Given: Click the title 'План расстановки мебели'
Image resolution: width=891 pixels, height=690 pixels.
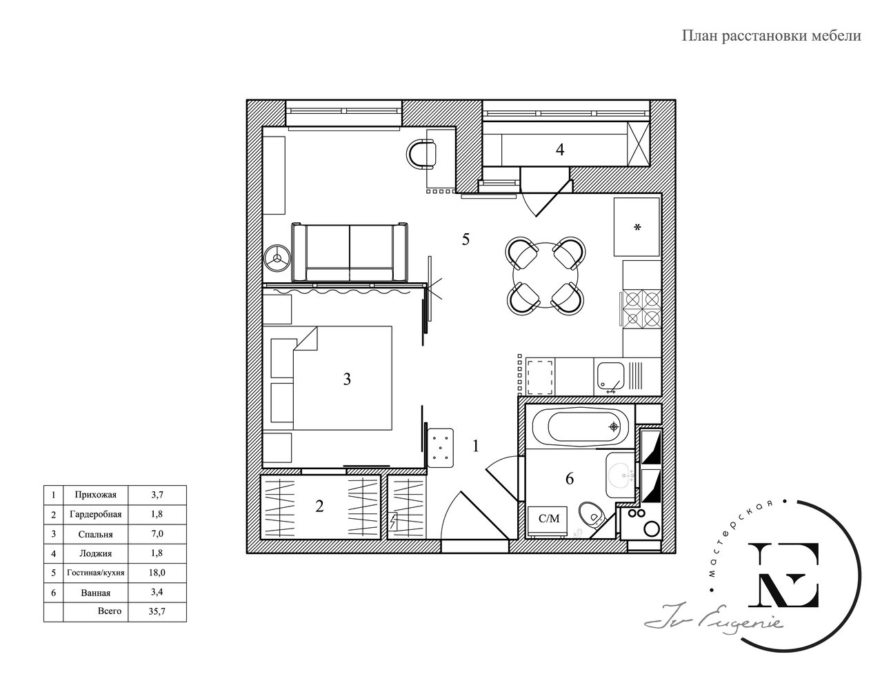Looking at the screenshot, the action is click(771, 36).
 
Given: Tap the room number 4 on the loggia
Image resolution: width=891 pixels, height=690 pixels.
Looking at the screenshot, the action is click(560, 150).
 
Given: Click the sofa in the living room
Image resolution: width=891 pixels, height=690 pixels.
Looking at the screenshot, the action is click(350, 253).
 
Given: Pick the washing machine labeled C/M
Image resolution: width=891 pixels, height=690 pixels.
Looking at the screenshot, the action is click(548, 522).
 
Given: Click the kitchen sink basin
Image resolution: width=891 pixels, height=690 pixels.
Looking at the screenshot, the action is click(610, 376).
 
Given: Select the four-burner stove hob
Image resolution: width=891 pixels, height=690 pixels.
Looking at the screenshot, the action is click(642, 309).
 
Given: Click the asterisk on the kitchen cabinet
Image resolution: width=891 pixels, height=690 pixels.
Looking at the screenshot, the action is click(637, 227).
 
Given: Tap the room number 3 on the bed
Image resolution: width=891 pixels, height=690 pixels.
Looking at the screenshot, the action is click(347, 379).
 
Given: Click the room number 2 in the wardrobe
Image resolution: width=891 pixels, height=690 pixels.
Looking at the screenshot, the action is click(319, 506).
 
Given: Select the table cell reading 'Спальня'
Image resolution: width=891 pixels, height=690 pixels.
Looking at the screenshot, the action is click(96, 534).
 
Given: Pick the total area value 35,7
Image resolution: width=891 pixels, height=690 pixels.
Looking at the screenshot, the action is click(157, 611).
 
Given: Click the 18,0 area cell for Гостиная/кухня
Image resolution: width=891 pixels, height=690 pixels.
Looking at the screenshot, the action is click(157, 573).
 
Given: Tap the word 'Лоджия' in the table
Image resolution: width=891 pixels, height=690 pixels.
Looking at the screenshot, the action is click(96, 553).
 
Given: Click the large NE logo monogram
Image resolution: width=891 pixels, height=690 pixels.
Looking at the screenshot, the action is click(783, 575).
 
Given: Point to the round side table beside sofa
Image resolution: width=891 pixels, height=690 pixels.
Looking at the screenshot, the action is click(277, 258).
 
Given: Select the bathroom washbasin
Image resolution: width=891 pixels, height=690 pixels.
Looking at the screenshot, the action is click(621, 476).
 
